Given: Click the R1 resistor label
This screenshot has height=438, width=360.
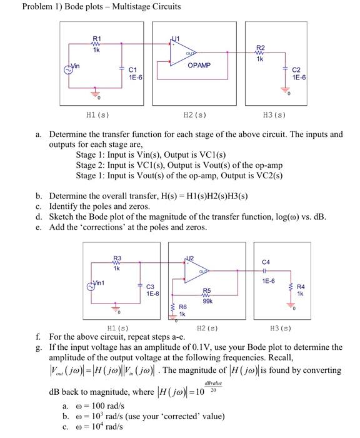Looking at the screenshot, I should (x=97, y=38).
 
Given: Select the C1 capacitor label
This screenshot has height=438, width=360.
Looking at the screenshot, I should (x=132, y=70).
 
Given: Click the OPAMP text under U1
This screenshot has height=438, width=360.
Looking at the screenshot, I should (x=199, y=65).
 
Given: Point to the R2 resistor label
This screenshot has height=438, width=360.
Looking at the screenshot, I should (x=261, y=48).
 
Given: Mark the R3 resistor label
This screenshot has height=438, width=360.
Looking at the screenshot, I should (x=117, y=258).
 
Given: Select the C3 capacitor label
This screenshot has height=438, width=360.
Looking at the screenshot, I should (x=150, y=287).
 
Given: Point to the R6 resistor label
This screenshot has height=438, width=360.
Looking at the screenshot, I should (x=183, y=307).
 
